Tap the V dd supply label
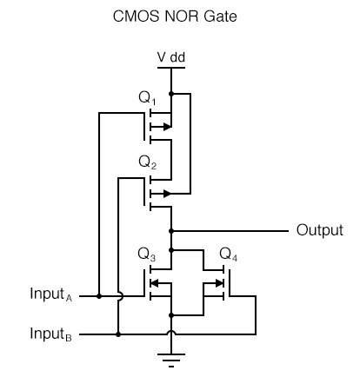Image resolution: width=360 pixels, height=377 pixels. [x=170, y=57]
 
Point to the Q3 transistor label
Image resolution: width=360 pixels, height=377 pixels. [x=147, y=255]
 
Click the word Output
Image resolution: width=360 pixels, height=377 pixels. [x=319, y=230]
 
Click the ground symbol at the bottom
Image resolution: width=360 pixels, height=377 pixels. [x=171, y=358]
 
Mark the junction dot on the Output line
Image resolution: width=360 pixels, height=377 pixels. [x=171, y=231]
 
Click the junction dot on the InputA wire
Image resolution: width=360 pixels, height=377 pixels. [x=99, y=296]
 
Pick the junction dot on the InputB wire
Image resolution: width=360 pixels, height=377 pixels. [x=117, y=333]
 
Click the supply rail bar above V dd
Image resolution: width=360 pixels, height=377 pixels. [x=171, y=67]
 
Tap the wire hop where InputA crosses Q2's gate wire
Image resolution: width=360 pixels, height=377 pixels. [x=117, y=296]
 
